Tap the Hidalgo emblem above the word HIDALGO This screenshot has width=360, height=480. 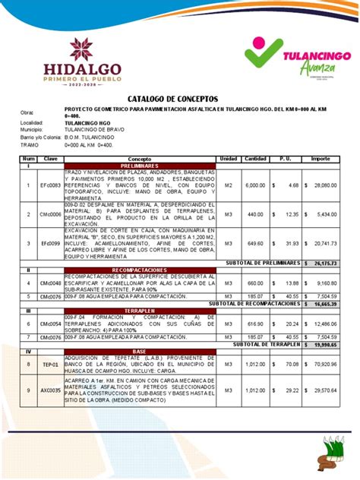pyautogui.click(x=81, y=49)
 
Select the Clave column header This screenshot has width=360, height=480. pyautogui.click(x=52, y=158)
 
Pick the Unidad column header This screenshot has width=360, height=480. pyautogui.click(x=228, y=158)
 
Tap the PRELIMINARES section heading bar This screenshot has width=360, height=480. pyautogui.click(x=139, y=165)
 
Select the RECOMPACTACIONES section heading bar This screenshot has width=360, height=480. pyautogui.click(x=139, y=270)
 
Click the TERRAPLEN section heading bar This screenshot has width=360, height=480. pyautogui.click(x=139, y=311)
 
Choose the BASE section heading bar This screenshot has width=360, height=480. pyautogui.click(x=139, y=352)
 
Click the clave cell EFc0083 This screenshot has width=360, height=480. pyautogui.click(x=52, y=185)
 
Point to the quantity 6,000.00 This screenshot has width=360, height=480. pyautogui.click(x=255, y=185)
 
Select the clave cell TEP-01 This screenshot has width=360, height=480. pyautogui.click(x=50, y=365)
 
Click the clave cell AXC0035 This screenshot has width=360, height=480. pyautogui.click(x=51, y=390)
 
